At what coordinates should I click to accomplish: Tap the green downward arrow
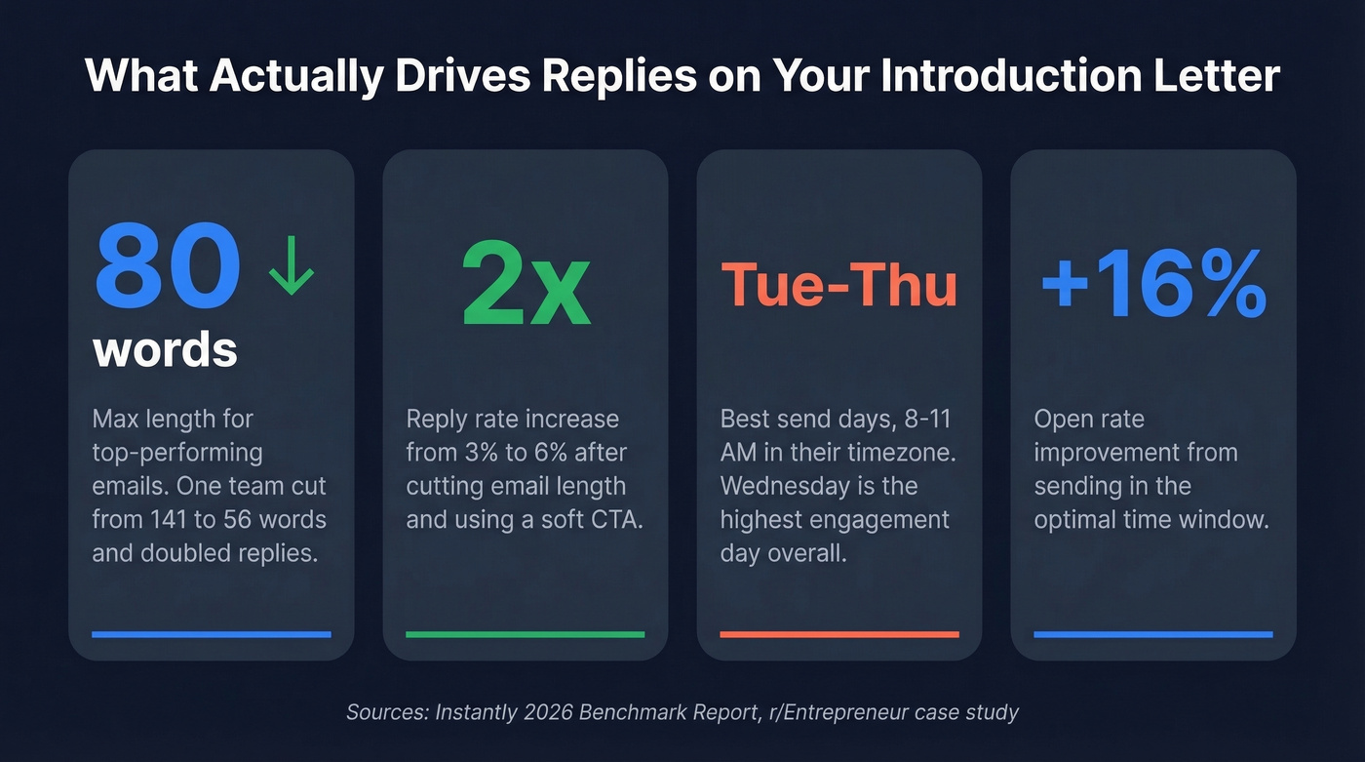[x=292, y=266]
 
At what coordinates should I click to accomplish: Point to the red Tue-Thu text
[x=838, y=285]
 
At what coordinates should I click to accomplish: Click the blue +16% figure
[x=1153, y=284]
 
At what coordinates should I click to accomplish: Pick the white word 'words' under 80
[x=165, y=349]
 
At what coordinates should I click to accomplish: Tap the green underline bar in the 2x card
[x=526, y=634]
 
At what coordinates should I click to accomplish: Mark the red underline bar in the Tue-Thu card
[x=839, y=634]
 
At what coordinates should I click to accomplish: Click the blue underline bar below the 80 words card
[x=212, y=634]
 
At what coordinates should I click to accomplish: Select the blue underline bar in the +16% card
[x=1153, y=634]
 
